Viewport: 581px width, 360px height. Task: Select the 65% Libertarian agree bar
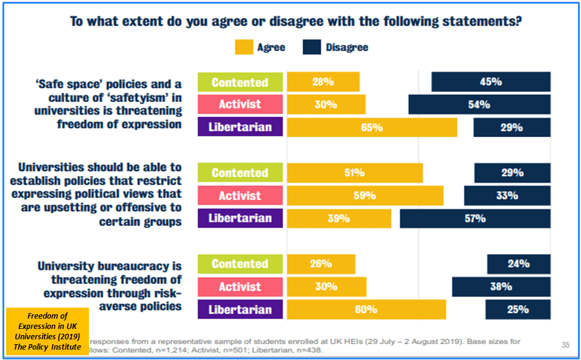click(x=371, y=127)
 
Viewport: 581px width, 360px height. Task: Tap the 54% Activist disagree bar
click(x=479, y=104)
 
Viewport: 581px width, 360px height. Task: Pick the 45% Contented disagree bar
click(x=491, y=82)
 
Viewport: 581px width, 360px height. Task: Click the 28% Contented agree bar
click(x=323, y=82)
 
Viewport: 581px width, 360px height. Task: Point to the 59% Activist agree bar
click(x=365, y=196)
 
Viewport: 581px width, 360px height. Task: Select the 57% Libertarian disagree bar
click(x=475, y=219)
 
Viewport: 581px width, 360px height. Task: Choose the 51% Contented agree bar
click(x=354, y=173)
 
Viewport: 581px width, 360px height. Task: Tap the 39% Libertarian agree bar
click(x=339, y=219)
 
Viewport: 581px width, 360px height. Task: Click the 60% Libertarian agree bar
click(x=366, y=309)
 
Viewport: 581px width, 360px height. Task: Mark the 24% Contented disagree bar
click(x=519, y=264)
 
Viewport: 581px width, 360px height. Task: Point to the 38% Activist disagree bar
click(x=501, y=287)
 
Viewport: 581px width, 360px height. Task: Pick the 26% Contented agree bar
click(x=321, y=264)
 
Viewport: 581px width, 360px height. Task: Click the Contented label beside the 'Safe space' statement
click(x=240, y=82)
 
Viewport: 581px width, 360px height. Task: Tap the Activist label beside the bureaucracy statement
click(x=240, y=287)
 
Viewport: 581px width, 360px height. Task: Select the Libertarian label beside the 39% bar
click(x=240, y=219)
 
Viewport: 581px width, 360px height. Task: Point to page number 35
click(x=565, y=345)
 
